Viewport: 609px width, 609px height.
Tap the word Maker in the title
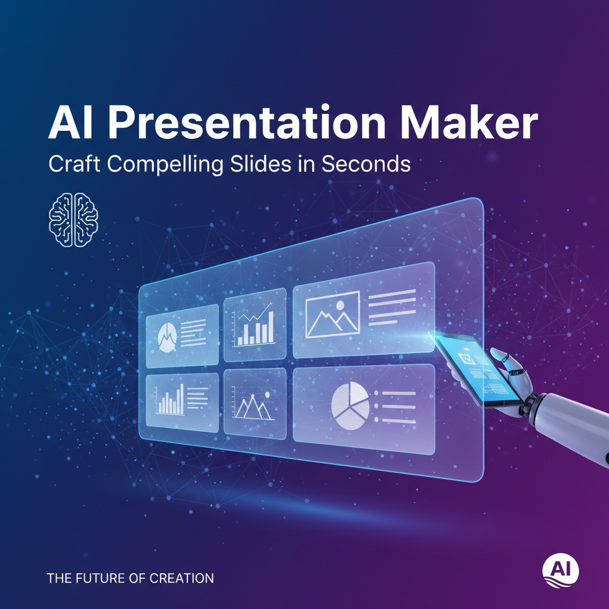point(469,123)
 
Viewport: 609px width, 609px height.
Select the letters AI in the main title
point(70,123)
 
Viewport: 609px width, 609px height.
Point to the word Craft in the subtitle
point(74,164)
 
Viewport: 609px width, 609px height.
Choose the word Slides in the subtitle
point(260,164)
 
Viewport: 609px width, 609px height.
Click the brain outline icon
point(73,220)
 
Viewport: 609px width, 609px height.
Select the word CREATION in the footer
point(181,578)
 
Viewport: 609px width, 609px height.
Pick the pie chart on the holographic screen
point(350,406)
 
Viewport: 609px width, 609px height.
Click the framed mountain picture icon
point(332,314)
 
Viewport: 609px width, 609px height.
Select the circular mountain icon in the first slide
point(167,338)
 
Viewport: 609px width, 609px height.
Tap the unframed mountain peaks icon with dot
point(252,406)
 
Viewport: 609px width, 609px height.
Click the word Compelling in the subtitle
point(165,164)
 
